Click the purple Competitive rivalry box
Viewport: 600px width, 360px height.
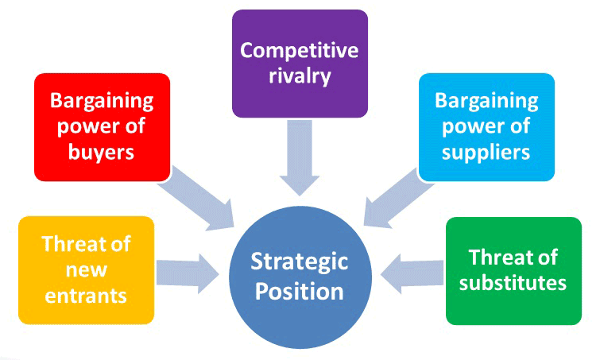[300, 64]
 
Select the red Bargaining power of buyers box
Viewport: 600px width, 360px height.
[102, 127]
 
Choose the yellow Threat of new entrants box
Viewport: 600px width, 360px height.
[86, 270]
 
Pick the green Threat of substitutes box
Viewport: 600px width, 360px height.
[513, 270]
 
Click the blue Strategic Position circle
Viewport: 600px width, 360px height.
[300, 275]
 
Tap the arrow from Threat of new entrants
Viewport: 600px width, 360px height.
[187, 270]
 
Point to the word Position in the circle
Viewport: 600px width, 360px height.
[300, 292]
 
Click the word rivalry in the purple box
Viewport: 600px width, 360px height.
[300, 77]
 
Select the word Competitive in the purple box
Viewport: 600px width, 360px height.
[300, 51]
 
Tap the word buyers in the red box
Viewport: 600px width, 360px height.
[102, 152]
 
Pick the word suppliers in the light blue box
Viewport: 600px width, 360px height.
[486, 152]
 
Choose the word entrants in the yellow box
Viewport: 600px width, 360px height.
[86, 295]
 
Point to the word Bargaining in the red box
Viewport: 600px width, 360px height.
[102, 102]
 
